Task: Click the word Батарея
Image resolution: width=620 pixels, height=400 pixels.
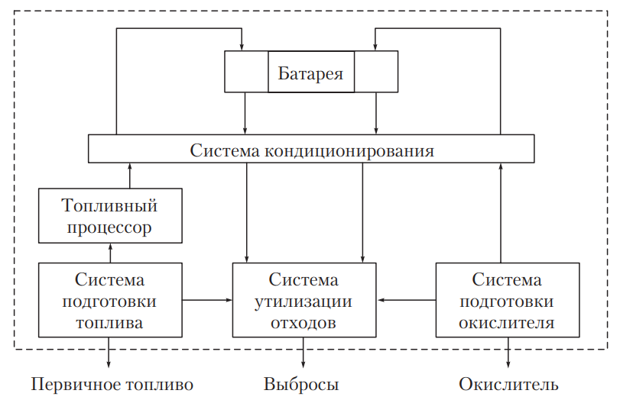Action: tap(310, 73)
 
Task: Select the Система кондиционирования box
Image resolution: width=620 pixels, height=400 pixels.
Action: tap(310, 150)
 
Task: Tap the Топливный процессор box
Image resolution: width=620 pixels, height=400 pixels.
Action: tap(110, 216)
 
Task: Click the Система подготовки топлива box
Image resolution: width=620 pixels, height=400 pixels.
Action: tap(110, 301)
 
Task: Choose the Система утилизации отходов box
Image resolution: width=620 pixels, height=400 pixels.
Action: tap(304, 301)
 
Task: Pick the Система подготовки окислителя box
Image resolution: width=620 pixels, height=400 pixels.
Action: tap(506, 301)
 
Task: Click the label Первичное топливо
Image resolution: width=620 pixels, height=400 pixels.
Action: tap(112, 383)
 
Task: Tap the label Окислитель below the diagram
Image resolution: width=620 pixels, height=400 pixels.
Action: tap(508, 383)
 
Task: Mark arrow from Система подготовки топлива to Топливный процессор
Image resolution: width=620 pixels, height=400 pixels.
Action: tap(110, 252)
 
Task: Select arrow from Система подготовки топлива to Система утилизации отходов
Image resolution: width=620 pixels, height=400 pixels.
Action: tap(208, 301)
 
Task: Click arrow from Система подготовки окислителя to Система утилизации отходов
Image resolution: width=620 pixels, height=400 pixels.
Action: tap(407, 301)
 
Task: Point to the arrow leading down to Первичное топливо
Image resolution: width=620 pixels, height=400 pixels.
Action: tap(110, 353)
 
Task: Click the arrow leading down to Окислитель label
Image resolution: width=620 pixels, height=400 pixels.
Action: tap(508, 353)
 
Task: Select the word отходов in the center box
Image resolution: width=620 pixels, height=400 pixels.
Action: tap(304, 322)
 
